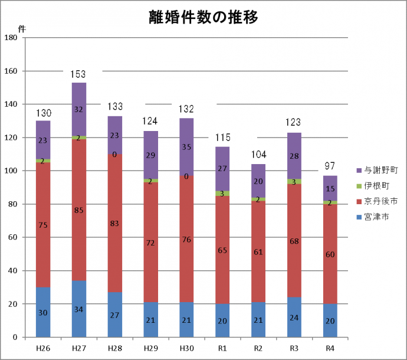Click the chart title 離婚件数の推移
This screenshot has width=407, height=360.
click(x=203, y=18)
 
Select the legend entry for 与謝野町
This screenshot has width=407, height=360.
click(x=381, y=169)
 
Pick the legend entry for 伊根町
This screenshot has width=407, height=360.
click(x=376, y=185)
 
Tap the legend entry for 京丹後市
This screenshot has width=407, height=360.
click(x=381, y=201)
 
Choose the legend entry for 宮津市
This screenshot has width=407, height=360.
click(x=376, y=217)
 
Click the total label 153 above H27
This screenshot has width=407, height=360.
click(x=78, y=74)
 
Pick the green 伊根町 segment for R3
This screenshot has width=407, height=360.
click(x=294, y=182)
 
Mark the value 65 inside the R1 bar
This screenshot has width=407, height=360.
click(x=222, y=250)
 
